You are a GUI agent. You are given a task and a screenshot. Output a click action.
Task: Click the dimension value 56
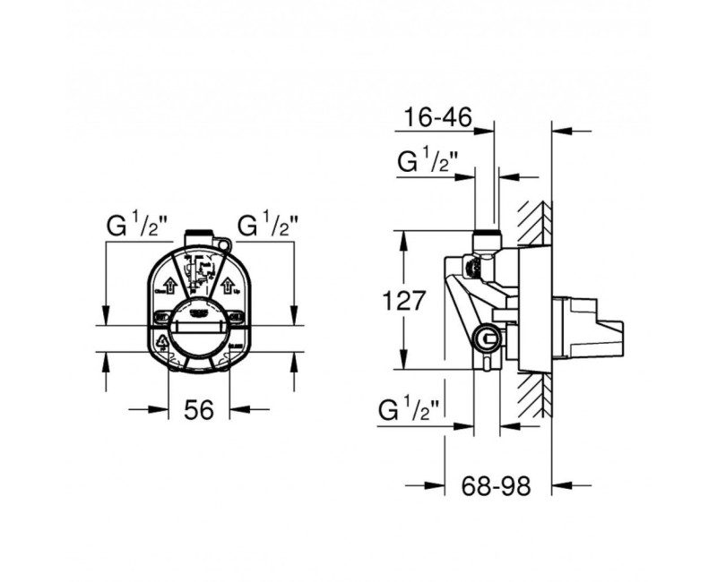point(199,410)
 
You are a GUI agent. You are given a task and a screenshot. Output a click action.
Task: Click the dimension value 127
point(404,301)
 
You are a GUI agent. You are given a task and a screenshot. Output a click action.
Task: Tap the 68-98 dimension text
point(497,486)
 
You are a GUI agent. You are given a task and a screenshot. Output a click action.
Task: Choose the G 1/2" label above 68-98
point(410,412)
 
